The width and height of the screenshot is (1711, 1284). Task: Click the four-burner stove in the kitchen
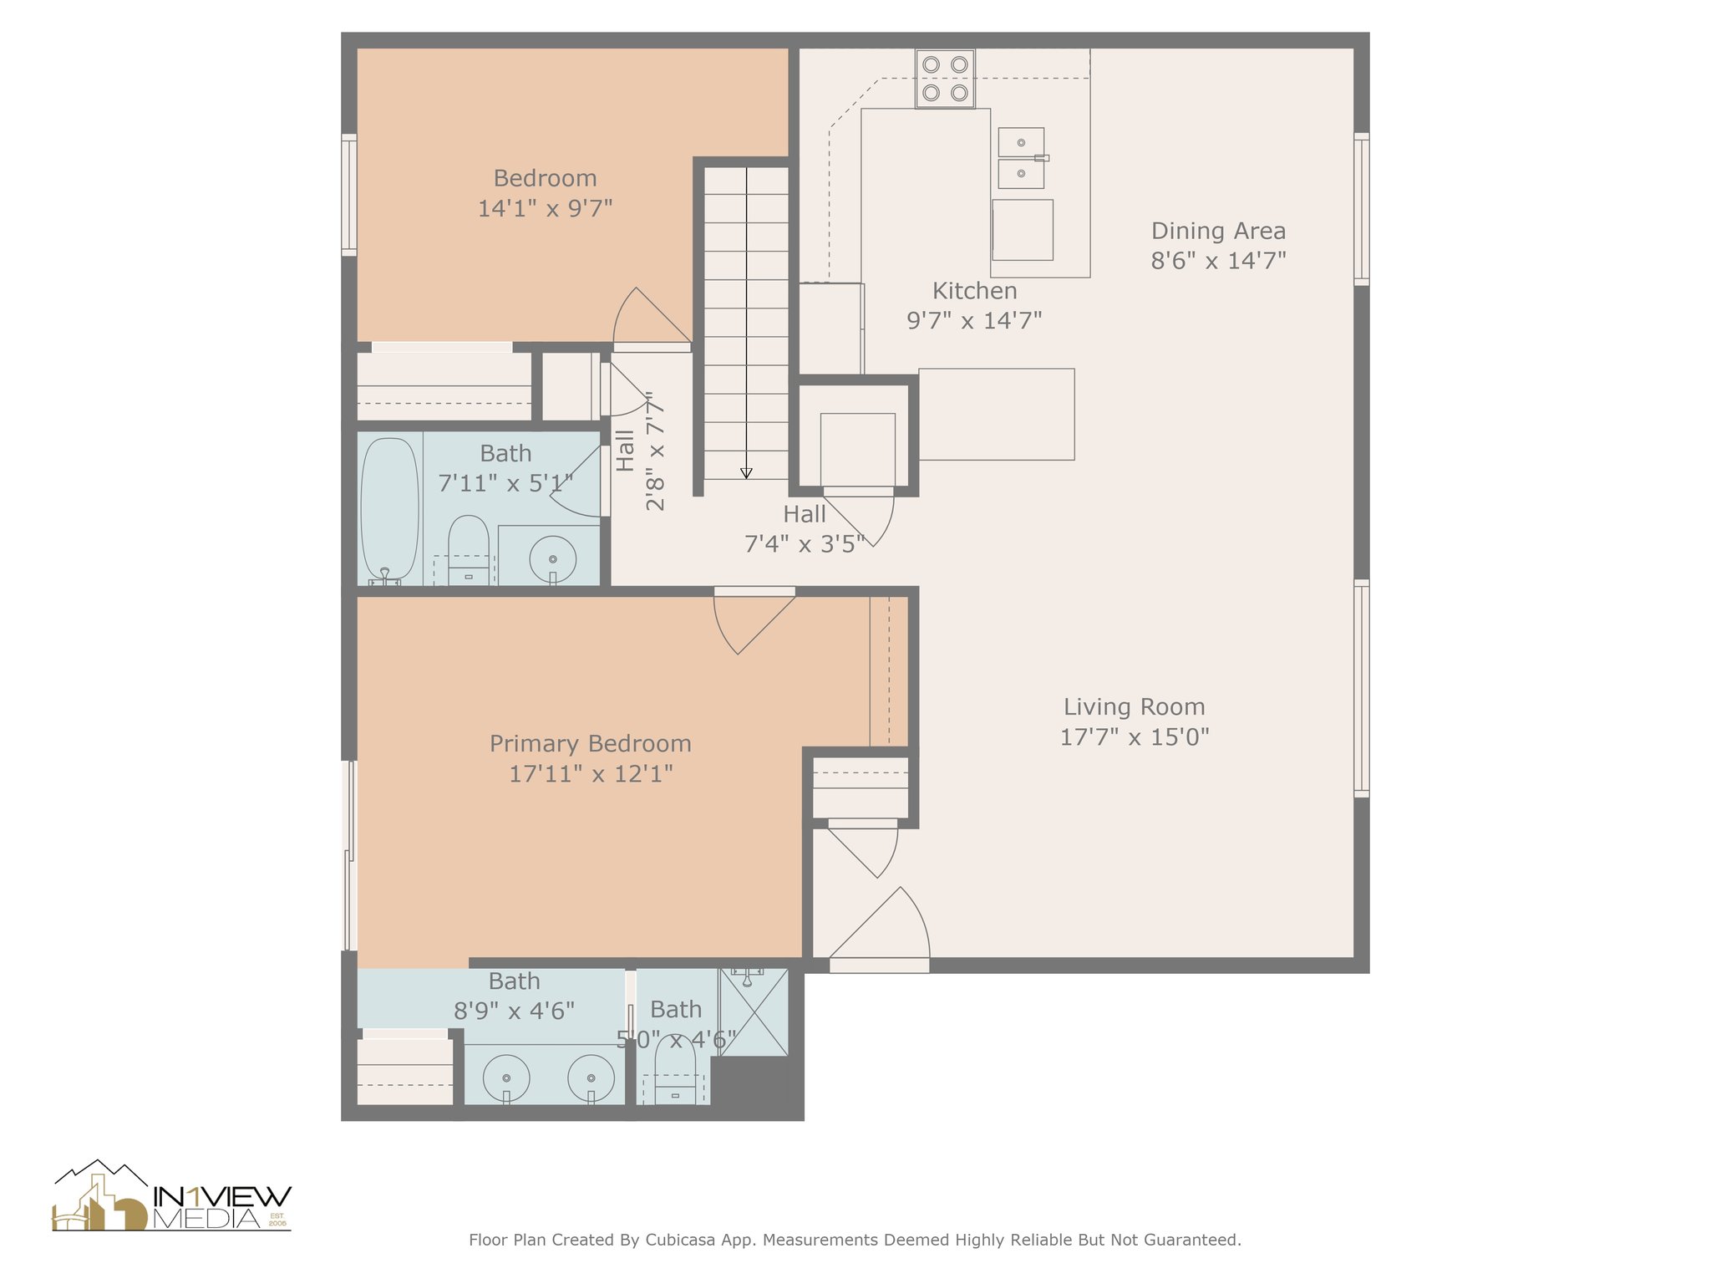945,79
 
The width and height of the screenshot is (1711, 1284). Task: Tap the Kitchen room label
974,291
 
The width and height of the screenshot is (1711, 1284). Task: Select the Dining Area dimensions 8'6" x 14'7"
1218,261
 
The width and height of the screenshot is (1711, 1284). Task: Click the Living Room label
1134,707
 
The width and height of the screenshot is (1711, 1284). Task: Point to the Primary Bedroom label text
591,744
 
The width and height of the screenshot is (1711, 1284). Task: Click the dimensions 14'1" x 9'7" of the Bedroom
545,208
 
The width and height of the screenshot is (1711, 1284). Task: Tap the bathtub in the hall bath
389,509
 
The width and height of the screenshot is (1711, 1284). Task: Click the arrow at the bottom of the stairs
746,473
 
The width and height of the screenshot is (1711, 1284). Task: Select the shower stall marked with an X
754,1011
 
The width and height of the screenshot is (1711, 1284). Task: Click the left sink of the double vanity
505,1078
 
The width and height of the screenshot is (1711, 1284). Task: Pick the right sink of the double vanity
591,1078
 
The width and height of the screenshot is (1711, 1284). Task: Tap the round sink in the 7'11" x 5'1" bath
552,559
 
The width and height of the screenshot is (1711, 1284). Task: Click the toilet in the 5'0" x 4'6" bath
675,1070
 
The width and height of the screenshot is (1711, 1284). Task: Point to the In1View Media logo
172,1196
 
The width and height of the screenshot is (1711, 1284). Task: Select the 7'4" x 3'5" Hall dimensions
804,545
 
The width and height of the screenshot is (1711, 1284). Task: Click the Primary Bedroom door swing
754,624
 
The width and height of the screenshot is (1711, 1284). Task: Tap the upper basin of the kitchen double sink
1021,142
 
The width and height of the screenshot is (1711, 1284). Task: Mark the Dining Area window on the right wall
1361,209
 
